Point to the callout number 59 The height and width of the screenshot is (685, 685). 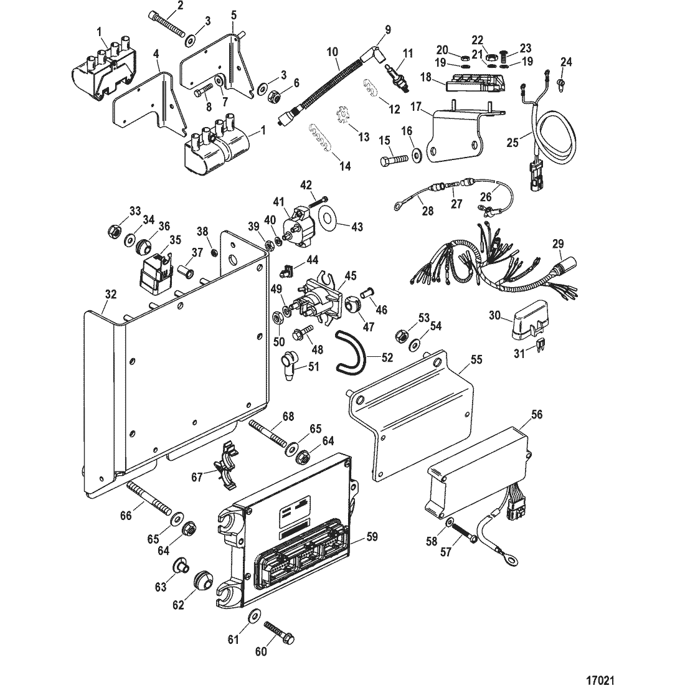click(x=372, y=536)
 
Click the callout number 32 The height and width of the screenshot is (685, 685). click(x=111, y=295)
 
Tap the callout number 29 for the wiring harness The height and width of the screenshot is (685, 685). click(x=559, y=243)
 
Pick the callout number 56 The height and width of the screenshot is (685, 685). click(x=536, y=414)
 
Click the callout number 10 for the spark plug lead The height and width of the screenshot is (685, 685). click(x=332, y=52)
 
